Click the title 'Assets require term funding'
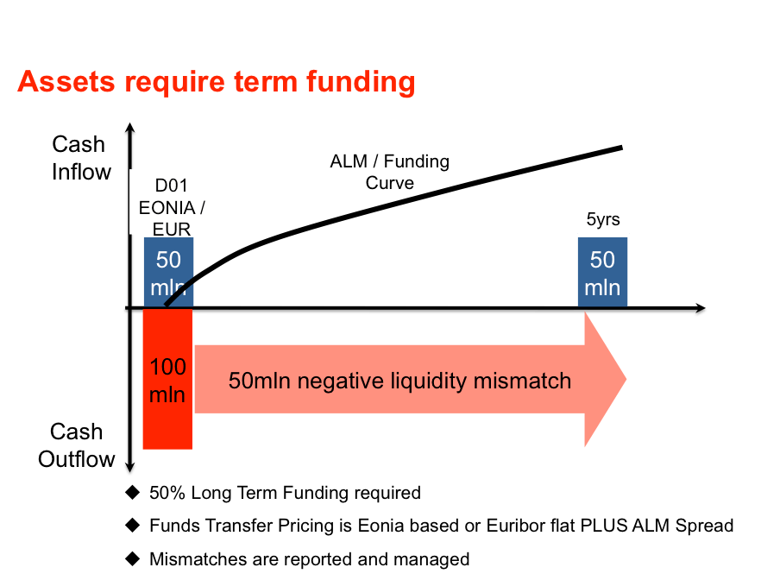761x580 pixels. click(216, 82)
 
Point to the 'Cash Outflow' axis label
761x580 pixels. click(77, 445)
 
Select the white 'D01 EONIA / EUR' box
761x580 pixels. click(172, 202)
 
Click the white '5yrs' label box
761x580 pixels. click(602, 219)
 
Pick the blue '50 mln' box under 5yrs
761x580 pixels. click(602, 272)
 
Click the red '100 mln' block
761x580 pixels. click(167, 380)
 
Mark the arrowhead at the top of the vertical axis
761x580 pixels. click(129, 130)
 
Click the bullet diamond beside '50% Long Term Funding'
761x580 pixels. click(132, 493)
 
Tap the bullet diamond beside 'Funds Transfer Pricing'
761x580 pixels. click(132, 525)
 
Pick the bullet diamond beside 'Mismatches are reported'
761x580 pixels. click(132, 558)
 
